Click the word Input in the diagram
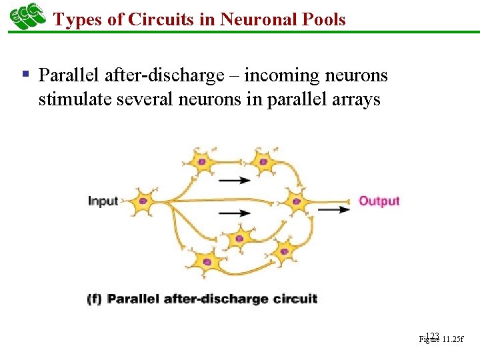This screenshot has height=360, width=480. click(x=103, y=201)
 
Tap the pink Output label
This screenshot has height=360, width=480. click(x=379, y=201)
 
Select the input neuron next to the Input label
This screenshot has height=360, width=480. click(x=143, y=201)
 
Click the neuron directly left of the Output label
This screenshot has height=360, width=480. click(x=296, y=201)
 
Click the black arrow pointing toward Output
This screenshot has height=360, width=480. click(x=333, y=209)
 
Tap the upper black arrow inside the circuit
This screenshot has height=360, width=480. click(x=235, y=179)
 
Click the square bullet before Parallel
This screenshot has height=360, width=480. click(x=25, y=74)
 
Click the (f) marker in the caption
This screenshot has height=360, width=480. click(x=94, y=299)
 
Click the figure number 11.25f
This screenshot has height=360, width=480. click(x=452, y=339)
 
